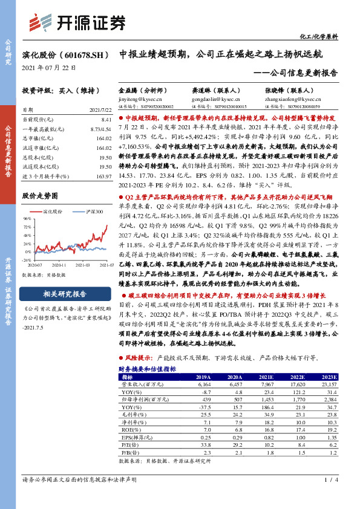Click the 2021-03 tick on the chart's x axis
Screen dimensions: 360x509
83,264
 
